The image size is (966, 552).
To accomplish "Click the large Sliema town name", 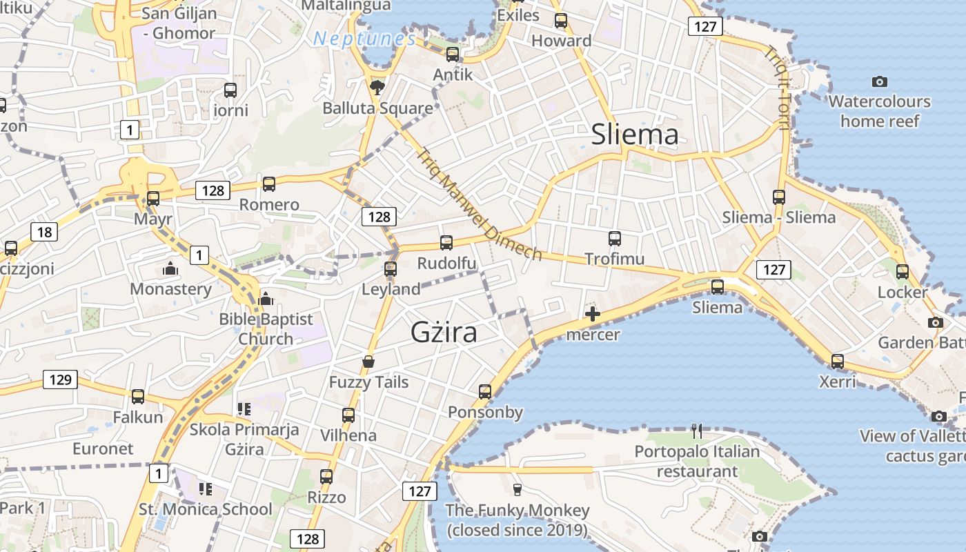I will coord(634,135).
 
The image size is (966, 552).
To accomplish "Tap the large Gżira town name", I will coord(444,333).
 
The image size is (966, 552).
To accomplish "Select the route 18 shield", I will coord(44,232).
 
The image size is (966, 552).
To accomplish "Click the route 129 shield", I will coord(60,379).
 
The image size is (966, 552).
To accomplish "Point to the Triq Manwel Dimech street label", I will coord(480,205).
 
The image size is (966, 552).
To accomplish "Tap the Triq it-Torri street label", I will coord(776,88).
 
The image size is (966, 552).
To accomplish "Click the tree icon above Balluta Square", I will coord(377,87).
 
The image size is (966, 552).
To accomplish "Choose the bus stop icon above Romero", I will coord(269,184).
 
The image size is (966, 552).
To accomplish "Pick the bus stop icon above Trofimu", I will coord(615,239).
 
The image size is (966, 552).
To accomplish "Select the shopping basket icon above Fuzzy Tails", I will coord(368,362).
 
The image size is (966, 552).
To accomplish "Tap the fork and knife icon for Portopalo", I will coord(697,431).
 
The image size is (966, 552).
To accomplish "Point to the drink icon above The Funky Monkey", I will coord(517,489).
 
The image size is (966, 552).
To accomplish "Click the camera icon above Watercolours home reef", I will coord(879,81).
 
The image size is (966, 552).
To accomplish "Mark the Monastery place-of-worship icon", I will coord(170,268).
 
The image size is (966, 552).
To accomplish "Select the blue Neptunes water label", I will coord(364,39).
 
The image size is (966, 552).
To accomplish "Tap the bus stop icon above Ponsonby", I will coord(485,392).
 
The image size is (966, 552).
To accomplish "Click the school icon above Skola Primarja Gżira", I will coord(244,408).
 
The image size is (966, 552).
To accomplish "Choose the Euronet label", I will coord(103,448).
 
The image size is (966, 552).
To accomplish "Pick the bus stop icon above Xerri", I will coord(837,361).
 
